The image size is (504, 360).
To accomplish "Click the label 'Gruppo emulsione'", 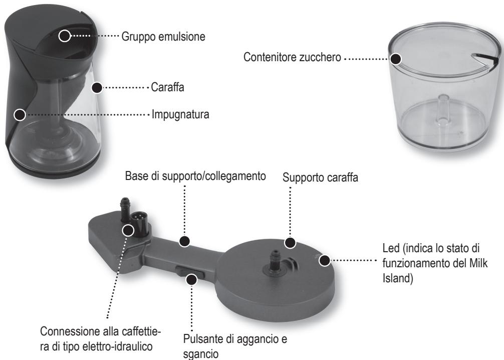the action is (x=162, y=37).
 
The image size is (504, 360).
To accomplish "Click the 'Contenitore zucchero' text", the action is (x=292, y=59).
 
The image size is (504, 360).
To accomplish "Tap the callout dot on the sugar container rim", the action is (x=396, y=58).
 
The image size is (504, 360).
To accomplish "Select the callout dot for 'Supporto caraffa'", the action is (x=290, y=243).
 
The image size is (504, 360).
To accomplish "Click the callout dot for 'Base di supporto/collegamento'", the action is (x=185, y=241).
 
